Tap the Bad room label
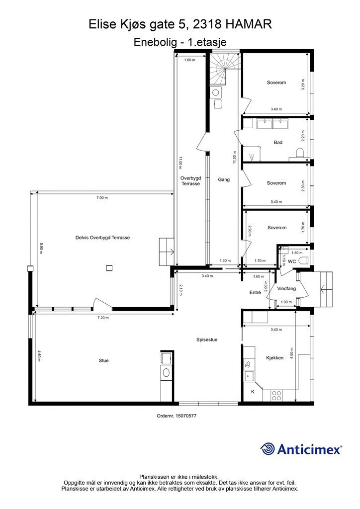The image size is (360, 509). [x=278, y=142]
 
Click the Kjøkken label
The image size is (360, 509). [x=274, y=358]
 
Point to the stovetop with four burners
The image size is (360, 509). [x=276, y=395]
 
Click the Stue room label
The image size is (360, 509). [x=103, y=360]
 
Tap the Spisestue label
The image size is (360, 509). [x=207, y=339]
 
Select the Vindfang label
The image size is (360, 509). [x=286, y=288]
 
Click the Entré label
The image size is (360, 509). [x=255, y=292]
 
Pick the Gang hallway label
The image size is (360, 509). [x=224, y=179]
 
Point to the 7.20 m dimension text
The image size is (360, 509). [x=103, y=318]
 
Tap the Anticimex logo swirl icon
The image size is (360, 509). [x=267, y=449]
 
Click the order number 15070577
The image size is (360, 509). [x=185, y=416]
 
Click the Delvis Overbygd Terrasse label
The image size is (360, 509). [x=102, y=238]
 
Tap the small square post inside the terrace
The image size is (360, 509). [x=110, y=268]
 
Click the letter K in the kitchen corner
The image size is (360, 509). [x=253, y=392]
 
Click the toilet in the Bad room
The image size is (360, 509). [x=300, y=153]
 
